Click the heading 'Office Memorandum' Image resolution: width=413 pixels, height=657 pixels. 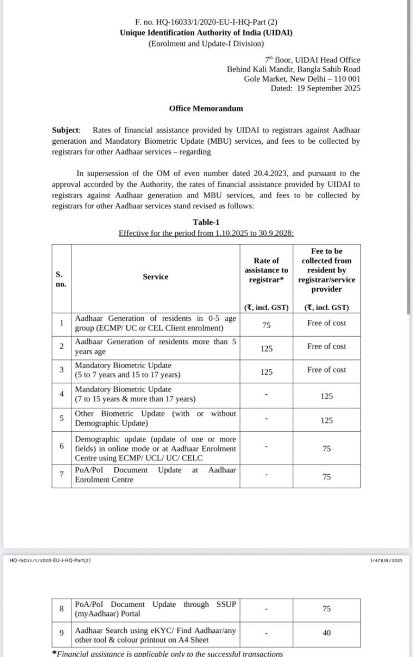[206, 108]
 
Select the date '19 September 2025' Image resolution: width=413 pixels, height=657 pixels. [329, 88]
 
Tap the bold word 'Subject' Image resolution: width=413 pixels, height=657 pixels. [66, 130]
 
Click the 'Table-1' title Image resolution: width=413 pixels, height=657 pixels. [206, 222]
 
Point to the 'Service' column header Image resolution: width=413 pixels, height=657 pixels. [155, 277]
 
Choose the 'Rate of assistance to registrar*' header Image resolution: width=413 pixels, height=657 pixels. [266, 270]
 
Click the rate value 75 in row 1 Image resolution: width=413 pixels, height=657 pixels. [266, 326]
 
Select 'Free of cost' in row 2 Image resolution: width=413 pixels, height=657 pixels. [327, 346]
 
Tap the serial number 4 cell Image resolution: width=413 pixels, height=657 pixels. [61, 393]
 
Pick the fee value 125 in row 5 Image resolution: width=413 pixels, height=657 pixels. [327, 420]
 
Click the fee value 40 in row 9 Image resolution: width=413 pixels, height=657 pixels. [327, 633]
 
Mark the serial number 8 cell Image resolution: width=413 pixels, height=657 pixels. [61, 608]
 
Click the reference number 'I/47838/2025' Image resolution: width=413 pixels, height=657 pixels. [385, 560]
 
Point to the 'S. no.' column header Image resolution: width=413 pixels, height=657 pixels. [61, 279]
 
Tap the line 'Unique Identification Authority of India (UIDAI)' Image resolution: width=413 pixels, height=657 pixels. [206, 33]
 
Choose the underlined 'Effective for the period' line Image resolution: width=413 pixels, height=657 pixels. [206, 233]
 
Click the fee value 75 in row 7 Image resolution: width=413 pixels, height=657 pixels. [327, 477]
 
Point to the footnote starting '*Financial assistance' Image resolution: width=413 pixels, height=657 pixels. [168, 653]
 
